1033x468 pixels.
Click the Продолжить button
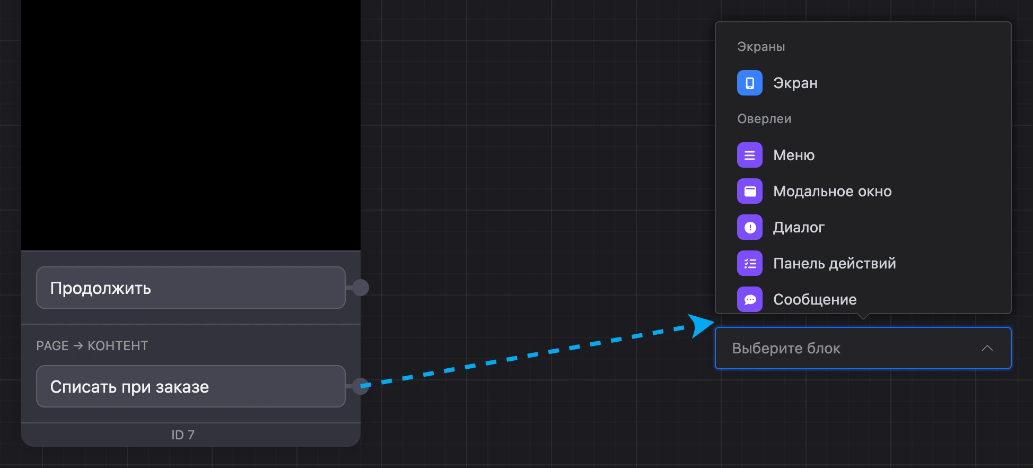(x=191, y=288)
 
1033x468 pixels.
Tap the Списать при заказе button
(x=191, y=386)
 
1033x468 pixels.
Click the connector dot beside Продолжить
(x=361, y=288)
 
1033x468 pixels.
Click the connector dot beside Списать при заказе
(x=361, y=386)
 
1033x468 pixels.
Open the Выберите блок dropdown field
(x=863, y=348)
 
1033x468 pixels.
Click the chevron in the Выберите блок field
(x=987, y=348)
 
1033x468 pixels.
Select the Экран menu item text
(x=795, y=83)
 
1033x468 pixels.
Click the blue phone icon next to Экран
(x=750, y=83)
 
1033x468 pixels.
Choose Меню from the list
(x=794, y=155)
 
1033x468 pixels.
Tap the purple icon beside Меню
(x=750, y=155)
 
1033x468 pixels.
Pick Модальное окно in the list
(x=833, y=191)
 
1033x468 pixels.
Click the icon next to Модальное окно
(x=750, y=191)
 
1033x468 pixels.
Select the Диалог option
(x=799, y=227)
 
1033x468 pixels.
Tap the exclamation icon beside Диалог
(x=750, y=227)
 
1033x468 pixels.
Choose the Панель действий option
(x=835, y=263)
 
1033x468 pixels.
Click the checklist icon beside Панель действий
(x=750, y=263)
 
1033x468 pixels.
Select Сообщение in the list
(x=815, y=299)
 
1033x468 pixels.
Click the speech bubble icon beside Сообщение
(x=750, y=299)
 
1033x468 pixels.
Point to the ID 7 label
(x=183, y=435)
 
